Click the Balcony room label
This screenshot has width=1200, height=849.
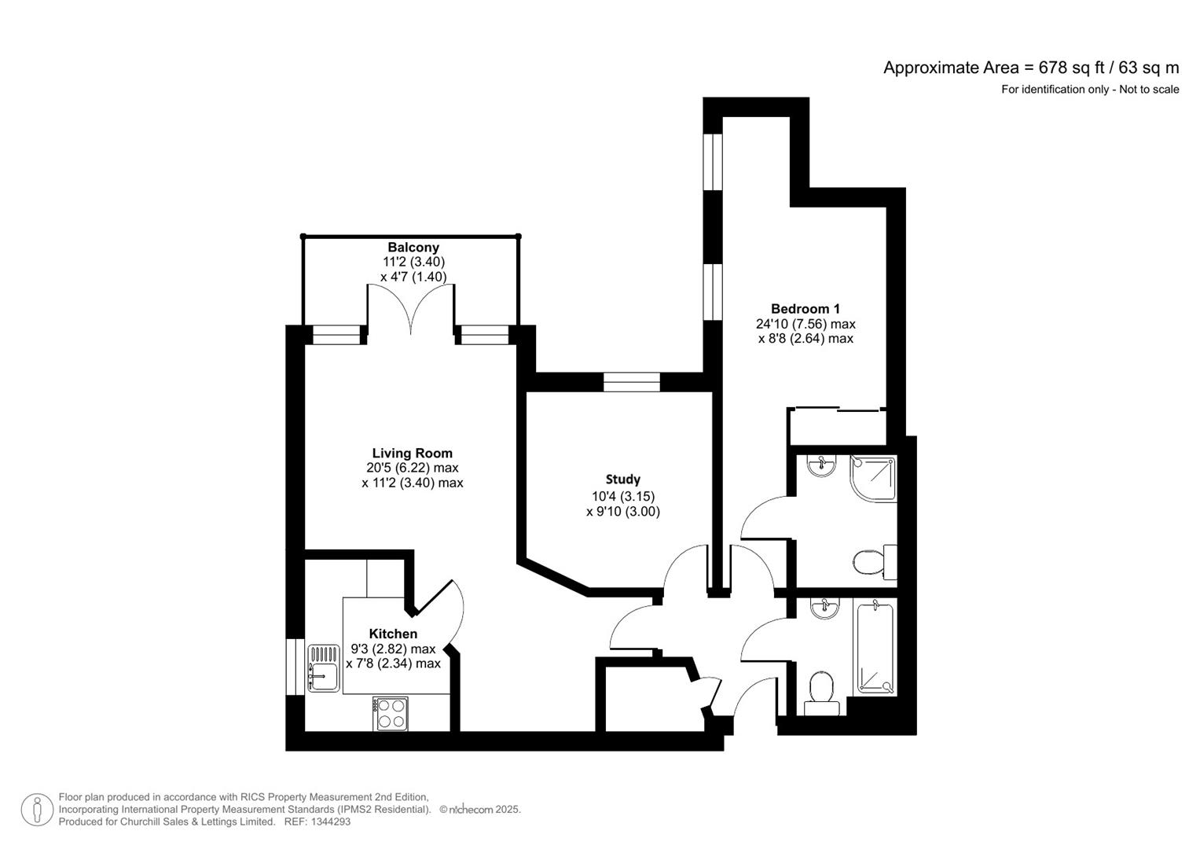coord(413,248)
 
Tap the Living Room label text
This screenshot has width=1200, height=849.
coord(412,454)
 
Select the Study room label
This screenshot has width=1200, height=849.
coord(622,480)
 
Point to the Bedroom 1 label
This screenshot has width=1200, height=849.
coord(805,309)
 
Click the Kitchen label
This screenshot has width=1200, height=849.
coord(393,634)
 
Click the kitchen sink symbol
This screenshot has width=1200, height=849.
coord(323,667)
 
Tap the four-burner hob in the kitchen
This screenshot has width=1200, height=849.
coord(391,713)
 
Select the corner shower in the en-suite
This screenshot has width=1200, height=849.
coord(872,479)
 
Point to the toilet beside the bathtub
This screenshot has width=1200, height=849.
coord(821,692)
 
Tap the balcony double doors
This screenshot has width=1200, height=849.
coord(410,309)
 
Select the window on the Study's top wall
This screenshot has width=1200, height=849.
coord(631,382)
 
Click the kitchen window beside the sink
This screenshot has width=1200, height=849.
coord(295,667)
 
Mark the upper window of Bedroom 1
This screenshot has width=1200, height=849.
coord(712,161)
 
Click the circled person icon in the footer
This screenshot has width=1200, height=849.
coord(37,810)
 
